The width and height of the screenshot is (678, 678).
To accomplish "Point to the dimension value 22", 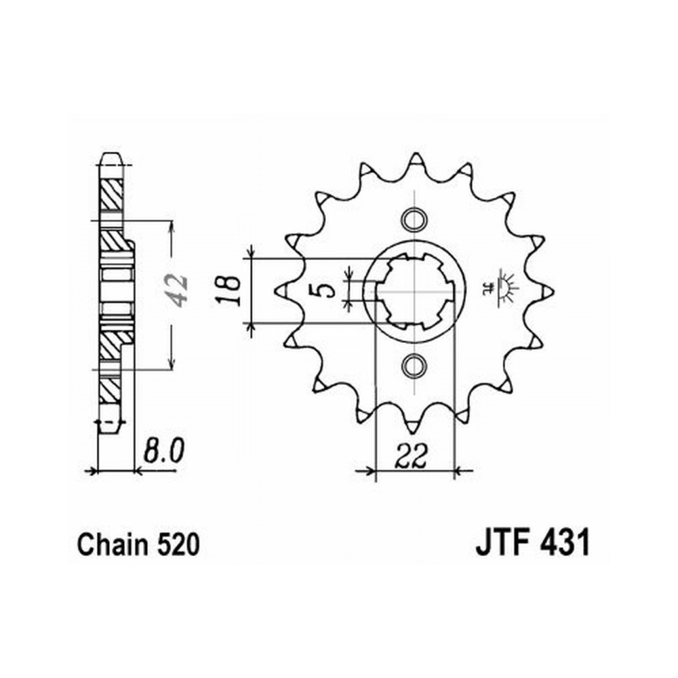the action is click(410, 456).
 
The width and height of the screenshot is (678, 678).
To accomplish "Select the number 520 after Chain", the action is click(178, 545).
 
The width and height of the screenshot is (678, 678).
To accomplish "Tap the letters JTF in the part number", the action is click(503, 544).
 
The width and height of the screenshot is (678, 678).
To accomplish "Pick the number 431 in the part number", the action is click(564, 544).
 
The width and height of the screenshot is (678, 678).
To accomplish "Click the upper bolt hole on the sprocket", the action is click(414, 219).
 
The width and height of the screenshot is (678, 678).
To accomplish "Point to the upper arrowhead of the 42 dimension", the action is click(172, 226).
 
